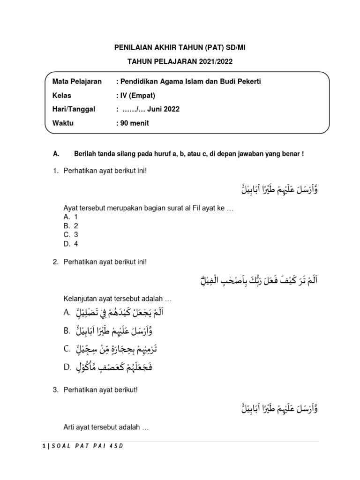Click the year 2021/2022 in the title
click(x=213, y=61)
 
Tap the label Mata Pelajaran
click(x=77, y=82)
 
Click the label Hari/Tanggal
click(x=74, y=109)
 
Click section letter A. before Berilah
click(x=56, y=154)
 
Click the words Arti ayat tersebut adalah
click(x=105, y=427)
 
